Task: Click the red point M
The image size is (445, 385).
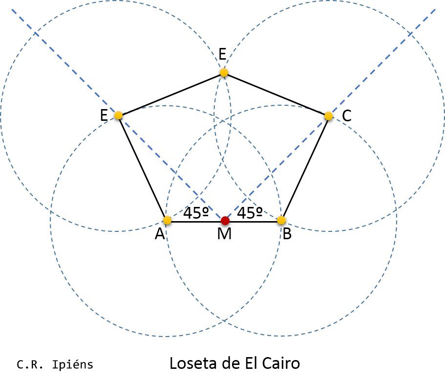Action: coord(225,221)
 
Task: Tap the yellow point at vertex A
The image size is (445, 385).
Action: coord(167,220)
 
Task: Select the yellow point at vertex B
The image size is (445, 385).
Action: coord(281,221)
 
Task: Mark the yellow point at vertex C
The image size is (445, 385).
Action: coord(329,116)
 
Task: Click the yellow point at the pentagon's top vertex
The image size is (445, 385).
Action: coord(224,73)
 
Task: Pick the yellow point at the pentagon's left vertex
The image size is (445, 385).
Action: coord(118,115)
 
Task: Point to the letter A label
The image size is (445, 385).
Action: coord(159,235)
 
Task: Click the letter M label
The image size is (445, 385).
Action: coord(224,235)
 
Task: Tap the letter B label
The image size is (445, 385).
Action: coord(287,235)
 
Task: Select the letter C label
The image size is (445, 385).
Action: coord(346,116)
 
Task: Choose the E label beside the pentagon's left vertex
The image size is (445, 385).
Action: coord(104,116)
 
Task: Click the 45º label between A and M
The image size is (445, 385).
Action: coord(196,213)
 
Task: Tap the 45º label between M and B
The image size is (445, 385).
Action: coord(250,213)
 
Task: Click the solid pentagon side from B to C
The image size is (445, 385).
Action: coord(305,168)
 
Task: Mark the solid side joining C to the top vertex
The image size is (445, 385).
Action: coord(276,94)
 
